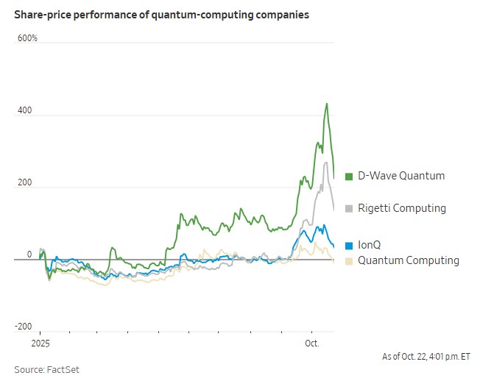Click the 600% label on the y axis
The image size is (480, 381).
click(x=27, y=38)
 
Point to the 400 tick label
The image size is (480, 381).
click(x=26, y=110)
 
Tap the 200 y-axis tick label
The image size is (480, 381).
click(x=26, y=182)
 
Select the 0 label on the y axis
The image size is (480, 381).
click(x=30, y=254)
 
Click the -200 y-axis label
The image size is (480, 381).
click(x=24, y=327)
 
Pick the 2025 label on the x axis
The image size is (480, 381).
click(x=40, y=343)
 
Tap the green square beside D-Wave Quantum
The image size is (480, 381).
click(x=349, y=176)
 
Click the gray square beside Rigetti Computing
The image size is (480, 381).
click(x=349, y=208)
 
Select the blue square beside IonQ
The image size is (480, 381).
click(x=349, y=245)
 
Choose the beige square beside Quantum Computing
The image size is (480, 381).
click(x=349, y=261)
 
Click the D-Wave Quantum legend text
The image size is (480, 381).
click(x=401, y=176)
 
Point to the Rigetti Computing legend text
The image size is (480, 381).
click(x=401, y=208)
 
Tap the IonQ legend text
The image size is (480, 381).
click(x=370, y=245)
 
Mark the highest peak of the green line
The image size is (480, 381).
click(x=326, y=104)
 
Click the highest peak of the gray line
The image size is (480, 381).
click(x=325, y=163)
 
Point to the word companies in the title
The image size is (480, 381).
click(x=282, y=15)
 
